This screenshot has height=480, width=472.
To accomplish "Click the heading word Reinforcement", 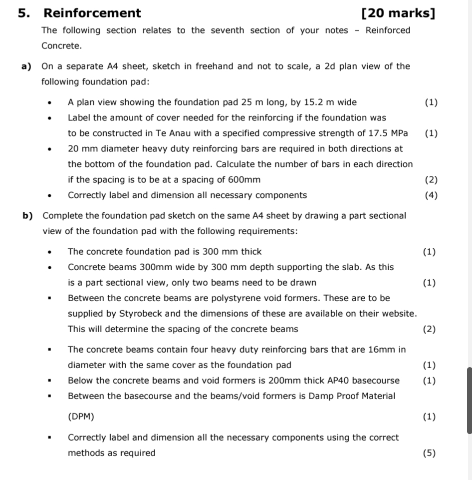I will (x=92, y=13).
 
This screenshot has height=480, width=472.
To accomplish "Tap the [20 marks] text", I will (x=398, y=13).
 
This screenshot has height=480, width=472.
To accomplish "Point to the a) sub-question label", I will (x=26, y=66).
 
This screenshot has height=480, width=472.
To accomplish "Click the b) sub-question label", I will (x=28, y=216).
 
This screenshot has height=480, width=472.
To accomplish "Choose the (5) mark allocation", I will (x=429, y=453).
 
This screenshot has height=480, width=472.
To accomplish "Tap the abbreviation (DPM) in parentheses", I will (x=81, y=417).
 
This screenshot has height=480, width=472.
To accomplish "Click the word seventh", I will (x=227, y=30).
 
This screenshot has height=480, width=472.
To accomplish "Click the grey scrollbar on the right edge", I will (x=469, y=400).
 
